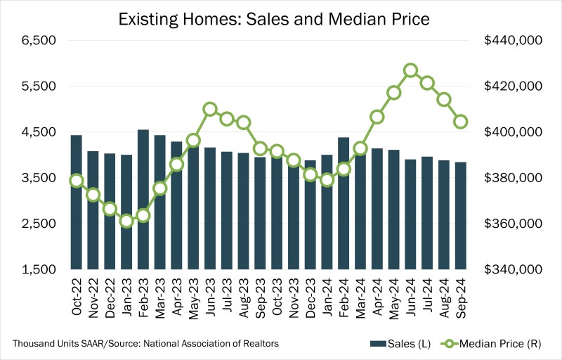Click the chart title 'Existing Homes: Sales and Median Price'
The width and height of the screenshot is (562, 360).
click(281, 15)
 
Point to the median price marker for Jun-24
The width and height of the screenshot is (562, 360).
click(411, 70)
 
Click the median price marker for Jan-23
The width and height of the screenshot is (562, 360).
click(126, 221)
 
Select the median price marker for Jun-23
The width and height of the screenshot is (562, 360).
click(210, 109)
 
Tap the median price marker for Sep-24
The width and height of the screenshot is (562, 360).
click(461, 122)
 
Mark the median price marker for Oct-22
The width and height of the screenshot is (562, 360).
click(77, 181)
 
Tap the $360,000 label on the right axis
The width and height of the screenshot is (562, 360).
click(514, 224)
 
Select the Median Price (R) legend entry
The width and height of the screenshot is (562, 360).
click(499, 343)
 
